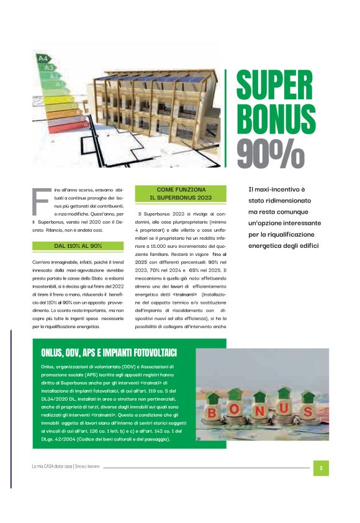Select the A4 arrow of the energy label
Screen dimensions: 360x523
point(43,58)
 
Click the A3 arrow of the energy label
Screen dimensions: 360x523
point(50,67)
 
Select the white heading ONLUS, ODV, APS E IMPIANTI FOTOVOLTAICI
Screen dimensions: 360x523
point(109,353)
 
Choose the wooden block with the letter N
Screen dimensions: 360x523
point(259,411)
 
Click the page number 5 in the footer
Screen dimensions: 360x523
point(321,468)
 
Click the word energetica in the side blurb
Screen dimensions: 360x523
point(266,247)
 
